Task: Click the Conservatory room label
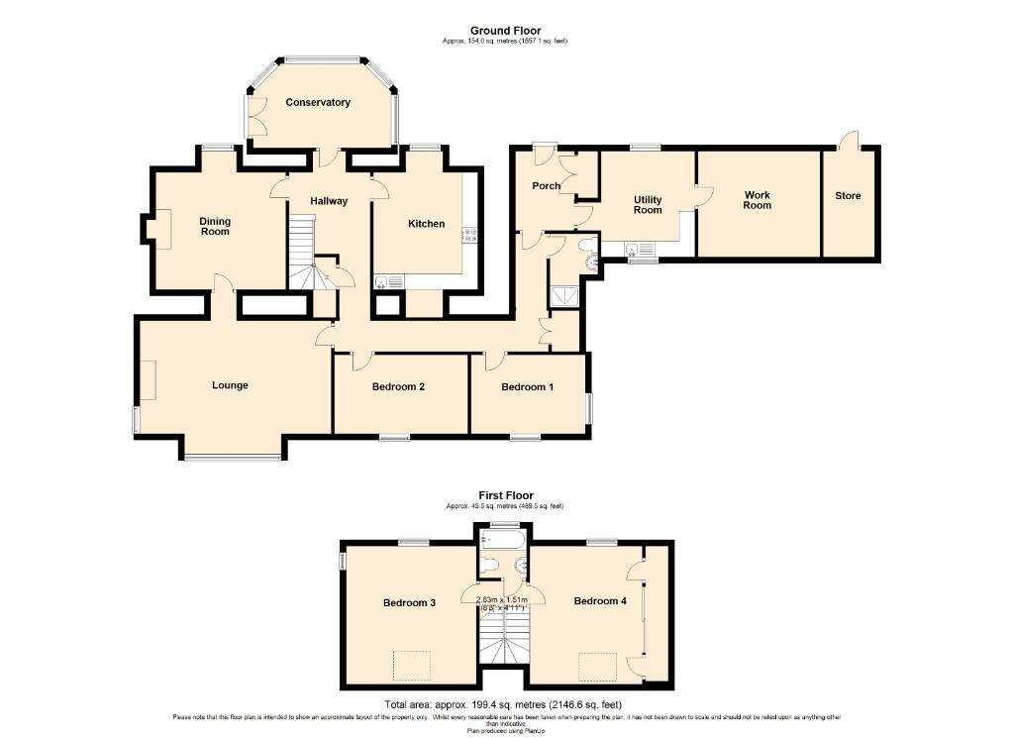pyautogui.click(x=318, y=102)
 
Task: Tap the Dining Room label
pyautogui.click(x=214, y=226)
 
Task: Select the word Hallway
pyautogui.click(x=329, y=201)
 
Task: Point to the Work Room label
pyautogui.click(x=758, y=200)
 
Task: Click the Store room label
pyautogui.click(x=848, y=196)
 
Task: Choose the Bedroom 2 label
pyautogui.click(x=398, y=386)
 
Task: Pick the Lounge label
pyautogui.click(x=230, y=385)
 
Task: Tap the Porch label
pyautogui.click(x=546, y=185)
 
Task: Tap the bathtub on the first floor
pyautogui.click(x=501, y=539)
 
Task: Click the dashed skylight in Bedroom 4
pyautogui.click(x=598, y=666)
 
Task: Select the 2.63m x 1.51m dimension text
pyautogui.click(x=503, y=603)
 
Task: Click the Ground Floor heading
pyautogui.click(x=504, y=32)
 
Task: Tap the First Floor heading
pyautogui.click(x=505, y=495)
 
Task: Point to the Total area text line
pyautogui.click(x=505, y=703)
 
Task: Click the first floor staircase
pyautogui.click(x=503, y=640)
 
